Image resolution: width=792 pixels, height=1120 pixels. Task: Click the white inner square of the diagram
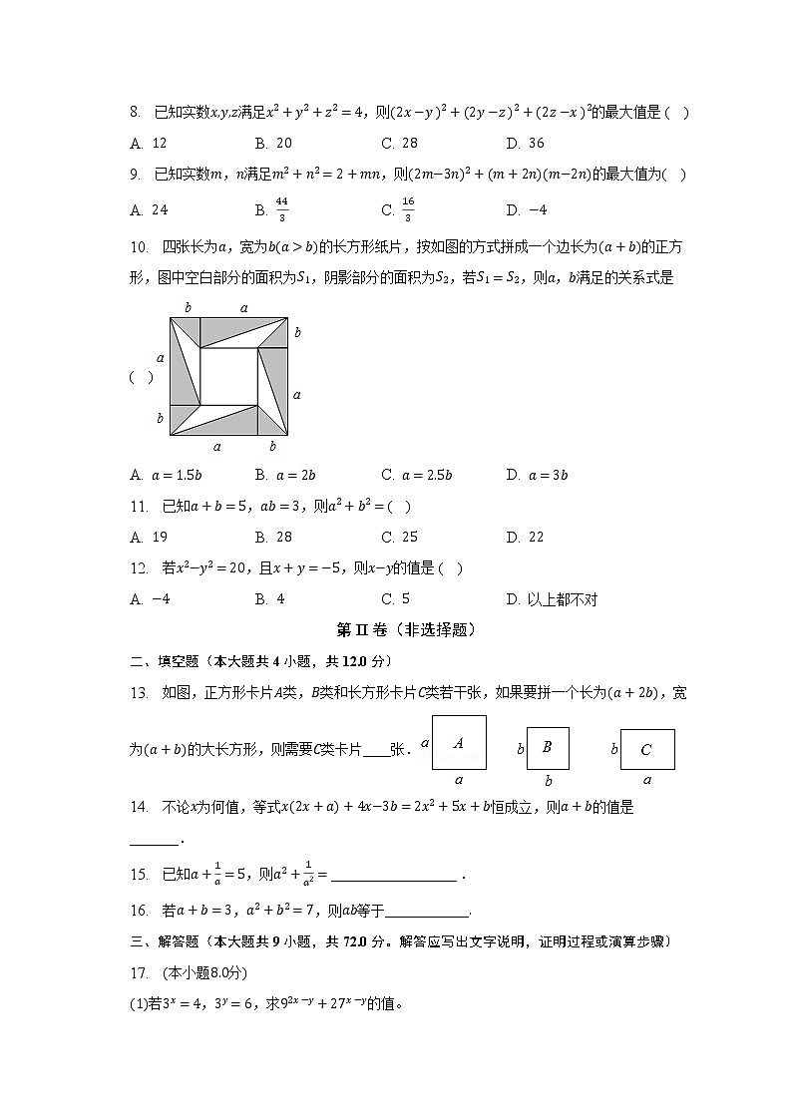[228, 376]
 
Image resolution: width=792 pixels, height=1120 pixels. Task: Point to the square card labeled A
[459, 743]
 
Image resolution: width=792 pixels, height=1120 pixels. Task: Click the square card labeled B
[548, 747]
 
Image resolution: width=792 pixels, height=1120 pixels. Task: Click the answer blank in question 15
[393, 877]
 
